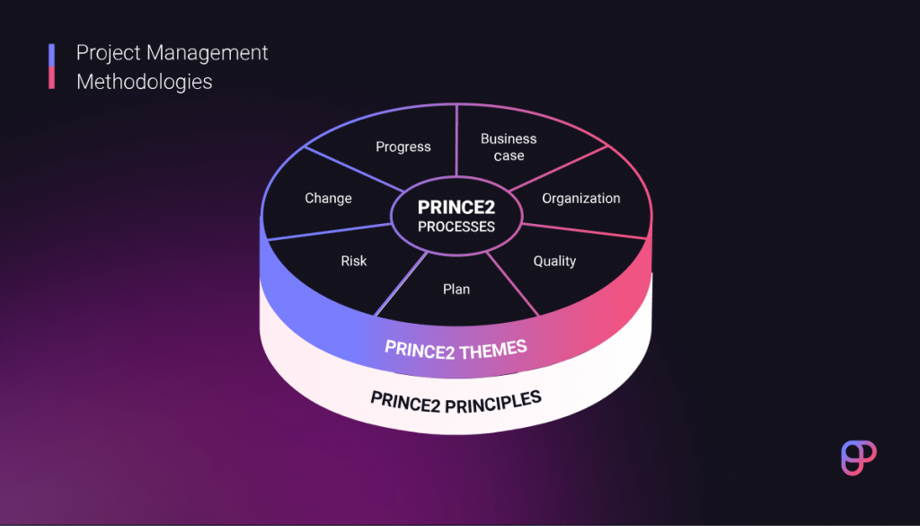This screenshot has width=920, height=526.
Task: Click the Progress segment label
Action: pyautogui.click(x=403, y=147)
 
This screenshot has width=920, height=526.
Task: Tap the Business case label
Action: pyautogui.click(x=509, y=147)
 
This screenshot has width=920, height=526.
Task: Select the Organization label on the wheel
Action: pyautogui.click(x=581, y=198)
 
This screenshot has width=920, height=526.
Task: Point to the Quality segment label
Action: pyautogui.click(x=554, y=261)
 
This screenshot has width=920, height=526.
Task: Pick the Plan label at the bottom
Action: pyautogui.click(x=456, y=289)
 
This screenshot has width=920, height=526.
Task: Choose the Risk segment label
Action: pyautogui.click(x=353, y=261)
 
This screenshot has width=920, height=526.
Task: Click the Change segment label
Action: pyautogui.click(x=328, y=198)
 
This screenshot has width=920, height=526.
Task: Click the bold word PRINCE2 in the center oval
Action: pyautogui.click(x=456, y=208)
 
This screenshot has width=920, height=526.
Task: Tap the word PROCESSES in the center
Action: pyautogui.click(x=456, y=227)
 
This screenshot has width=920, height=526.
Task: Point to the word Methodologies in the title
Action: pyautogui.click(x=145, y=82)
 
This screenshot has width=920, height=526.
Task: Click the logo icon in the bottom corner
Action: pyautogui.click(x=858, y=458)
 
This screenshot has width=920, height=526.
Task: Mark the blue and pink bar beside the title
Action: pyautogui.click(x=52, y=67)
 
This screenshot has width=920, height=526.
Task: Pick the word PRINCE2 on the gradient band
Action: pyautogui.click(x=420, y=347)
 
